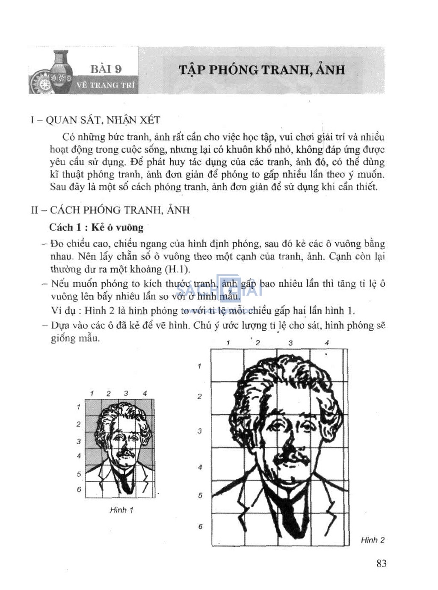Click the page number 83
pyautogui.click(x=382, y=563)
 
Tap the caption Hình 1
pyautogui.click(x=121, y=510)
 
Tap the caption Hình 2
pyautogui.click(x=373, y=540)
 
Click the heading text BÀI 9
pyautogui.click(x=106, y=69)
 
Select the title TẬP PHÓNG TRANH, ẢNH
pyautogui.click(x=261, y=70)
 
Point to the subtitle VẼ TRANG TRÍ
pyautogui.click(x=106, y=85)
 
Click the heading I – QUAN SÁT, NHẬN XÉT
pyautogui.click(x=95, y=120)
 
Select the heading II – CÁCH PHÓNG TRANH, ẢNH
pyautogui.click(x=110, y=210)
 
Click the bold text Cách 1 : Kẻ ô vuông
pyautogui.click(x=96, y=227)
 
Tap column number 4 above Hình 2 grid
pyautogui.click(x=327, y=343)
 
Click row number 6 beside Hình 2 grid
pyautogui.click(x=200, y=526)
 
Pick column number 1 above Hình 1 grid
pyautogui.click(x=92, y=394)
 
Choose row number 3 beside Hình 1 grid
pyautogui.click(x=79, y=441)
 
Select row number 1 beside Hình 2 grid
pyautogui.click(x=199, y=366)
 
